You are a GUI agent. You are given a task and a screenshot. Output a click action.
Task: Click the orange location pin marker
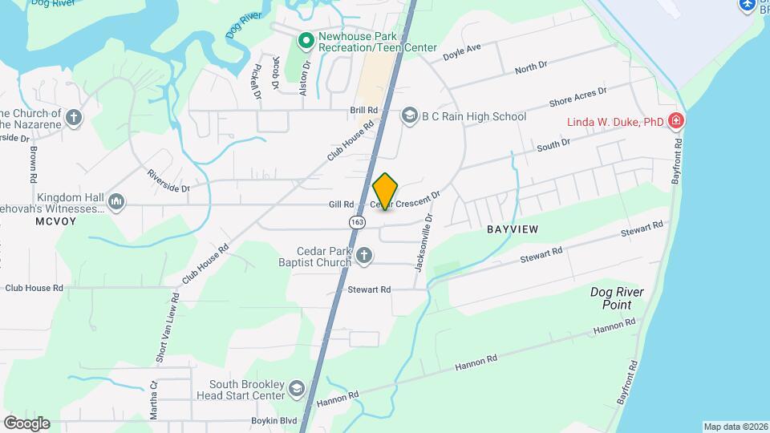coord(386,191)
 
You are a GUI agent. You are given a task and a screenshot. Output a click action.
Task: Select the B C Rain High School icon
coord(410,116)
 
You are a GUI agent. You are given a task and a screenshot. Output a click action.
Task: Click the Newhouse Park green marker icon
coord(306,40)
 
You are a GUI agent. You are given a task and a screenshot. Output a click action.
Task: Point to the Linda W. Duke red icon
coord(676,121)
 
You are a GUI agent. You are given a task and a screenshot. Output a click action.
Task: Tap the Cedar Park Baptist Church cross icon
coord(364,256)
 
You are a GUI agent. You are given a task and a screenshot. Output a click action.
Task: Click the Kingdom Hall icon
coord(116,200)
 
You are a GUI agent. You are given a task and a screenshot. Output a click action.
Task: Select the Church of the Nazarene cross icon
coord(74,118)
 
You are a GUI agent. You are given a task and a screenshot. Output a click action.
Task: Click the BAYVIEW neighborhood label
coord(512,229)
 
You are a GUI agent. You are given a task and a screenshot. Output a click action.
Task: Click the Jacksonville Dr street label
coord(423,241)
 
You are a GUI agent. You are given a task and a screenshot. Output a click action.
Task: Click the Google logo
coord(26,423)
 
